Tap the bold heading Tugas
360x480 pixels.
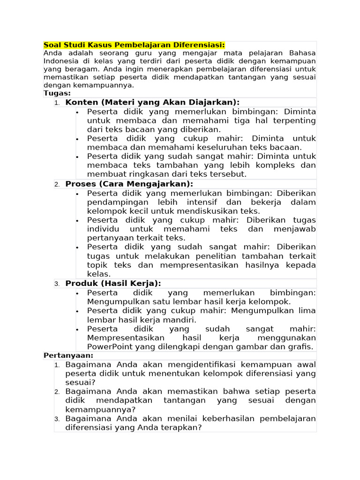click(x=57, y=93)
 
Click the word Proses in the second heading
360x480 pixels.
click(x=81, y=184)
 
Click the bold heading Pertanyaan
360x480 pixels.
click(x=68, y=355)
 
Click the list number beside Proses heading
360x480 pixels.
click(x=57, y=185)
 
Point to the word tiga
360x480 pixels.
click(x=261, y=120)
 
